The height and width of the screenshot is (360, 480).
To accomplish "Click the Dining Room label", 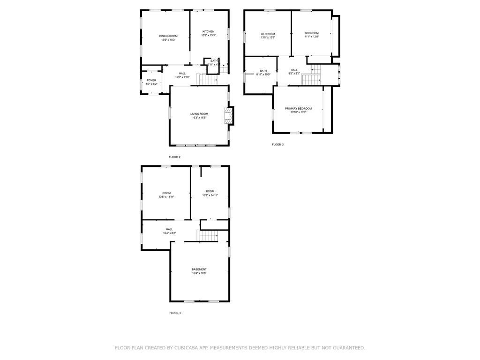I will click(168, 36).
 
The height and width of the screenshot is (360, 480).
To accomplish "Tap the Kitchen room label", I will click(209, 32).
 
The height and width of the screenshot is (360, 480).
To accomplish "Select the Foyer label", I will click(151, 81).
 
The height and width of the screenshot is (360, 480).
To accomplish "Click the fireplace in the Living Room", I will click(228, 116).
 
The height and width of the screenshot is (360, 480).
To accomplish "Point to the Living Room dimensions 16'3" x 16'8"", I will click(199, 118).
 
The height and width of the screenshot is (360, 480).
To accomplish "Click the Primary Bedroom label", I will click(298, 109).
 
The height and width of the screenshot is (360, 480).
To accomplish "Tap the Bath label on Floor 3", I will click(263, 71).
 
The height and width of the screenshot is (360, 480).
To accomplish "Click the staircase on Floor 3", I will click(310, 79).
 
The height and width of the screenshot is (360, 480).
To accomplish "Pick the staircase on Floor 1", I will click(208, 236).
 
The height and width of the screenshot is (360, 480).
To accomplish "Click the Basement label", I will click(199, 270).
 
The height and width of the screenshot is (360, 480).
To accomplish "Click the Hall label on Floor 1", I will click(169, 229).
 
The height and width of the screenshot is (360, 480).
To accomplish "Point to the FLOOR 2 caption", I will click(174, 157).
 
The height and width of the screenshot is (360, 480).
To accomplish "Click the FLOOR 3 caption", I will click(277, 144).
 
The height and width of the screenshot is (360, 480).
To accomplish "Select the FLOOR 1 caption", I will click(175, 313).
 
